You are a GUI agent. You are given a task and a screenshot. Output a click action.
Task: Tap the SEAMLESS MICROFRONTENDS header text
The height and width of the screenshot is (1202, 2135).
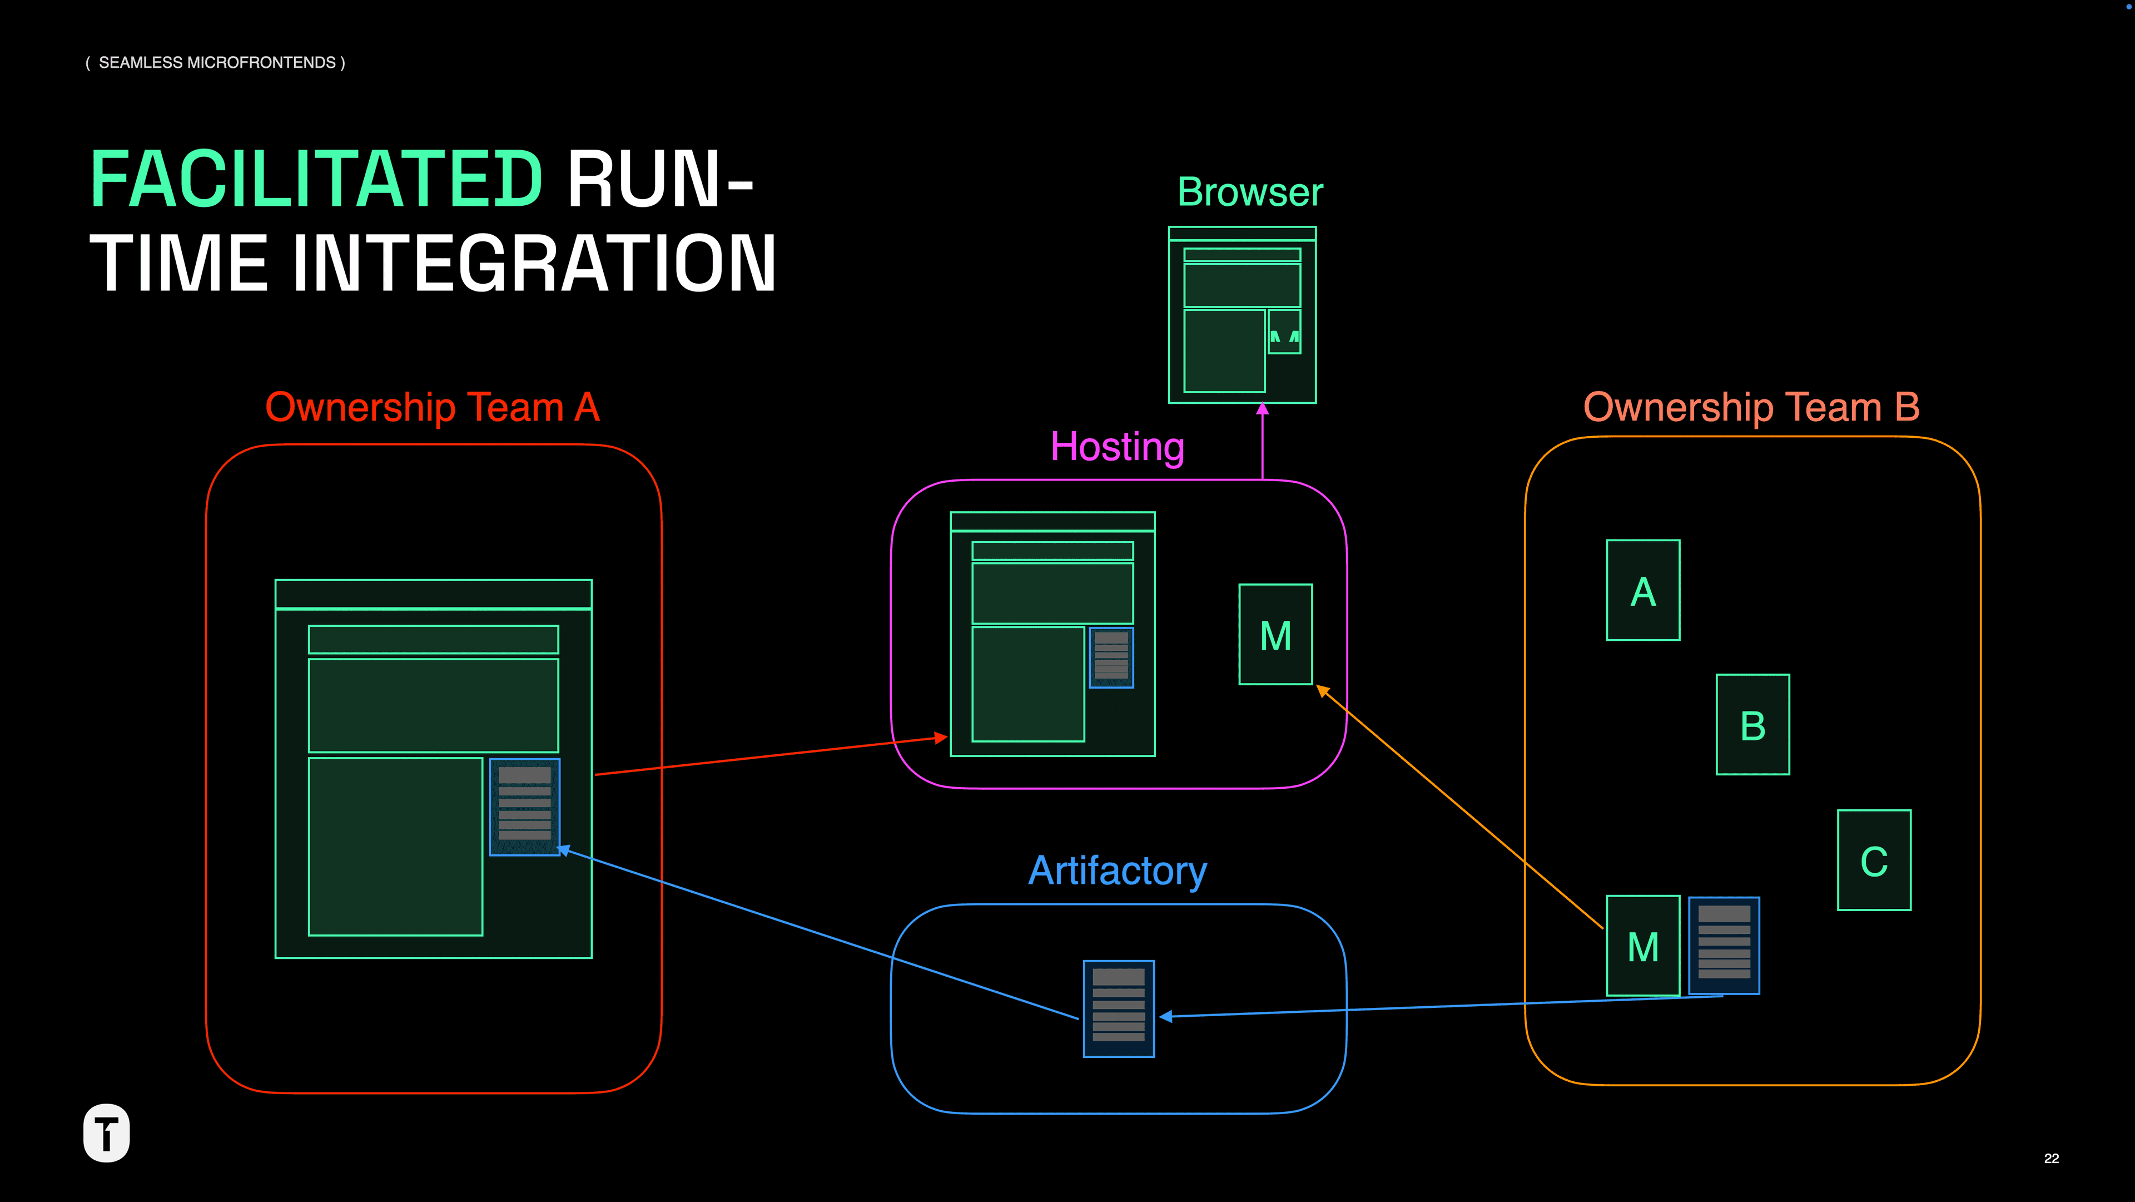216,63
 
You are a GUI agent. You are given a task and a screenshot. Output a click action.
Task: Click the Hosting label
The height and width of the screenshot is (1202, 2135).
1116,447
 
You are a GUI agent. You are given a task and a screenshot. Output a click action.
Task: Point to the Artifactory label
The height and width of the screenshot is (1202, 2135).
1116,870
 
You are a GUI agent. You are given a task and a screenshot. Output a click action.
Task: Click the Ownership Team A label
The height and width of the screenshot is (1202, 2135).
432,407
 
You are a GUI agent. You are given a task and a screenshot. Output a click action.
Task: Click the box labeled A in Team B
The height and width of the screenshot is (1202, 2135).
1643,590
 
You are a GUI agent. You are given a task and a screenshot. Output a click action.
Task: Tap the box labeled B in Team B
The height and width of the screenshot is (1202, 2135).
1752,725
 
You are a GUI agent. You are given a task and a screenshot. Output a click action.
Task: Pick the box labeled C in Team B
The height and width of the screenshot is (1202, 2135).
1874,860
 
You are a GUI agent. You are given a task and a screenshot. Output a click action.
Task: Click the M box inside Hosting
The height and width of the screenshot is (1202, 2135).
1275,635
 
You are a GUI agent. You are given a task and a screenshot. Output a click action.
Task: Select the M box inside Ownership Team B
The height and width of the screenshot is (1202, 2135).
1643,946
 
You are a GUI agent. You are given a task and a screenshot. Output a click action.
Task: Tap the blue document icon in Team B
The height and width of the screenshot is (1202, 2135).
1724,945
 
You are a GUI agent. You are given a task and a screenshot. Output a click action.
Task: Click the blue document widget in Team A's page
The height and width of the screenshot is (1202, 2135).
525,807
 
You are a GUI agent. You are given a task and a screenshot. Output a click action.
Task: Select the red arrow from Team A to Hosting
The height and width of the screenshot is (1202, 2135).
771,755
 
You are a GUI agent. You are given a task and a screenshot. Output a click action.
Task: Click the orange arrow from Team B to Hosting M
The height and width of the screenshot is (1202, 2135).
1459,808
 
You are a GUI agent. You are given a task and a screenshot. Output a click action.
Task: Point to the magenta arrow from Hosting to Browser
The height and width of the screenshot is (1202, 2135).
1262,443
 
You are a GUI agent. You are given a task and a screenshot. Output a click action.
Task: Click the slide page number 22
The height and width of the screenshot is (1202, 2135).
2051,1158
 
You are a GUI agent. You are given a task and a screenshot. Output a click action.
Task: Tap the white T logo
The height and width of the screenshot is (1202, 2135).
107,1132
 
